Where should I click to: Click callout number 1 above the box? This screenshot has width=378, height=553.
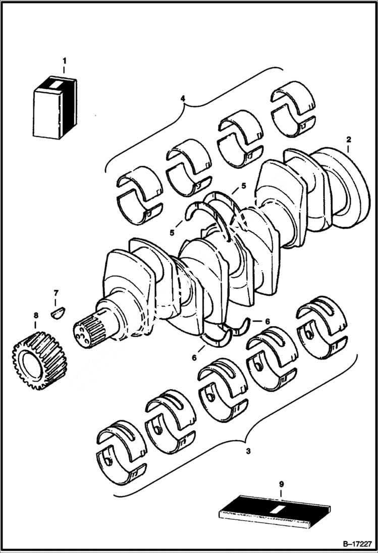[64, 62]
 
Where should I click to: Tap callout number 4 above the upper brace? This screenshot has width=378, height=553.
[183, 99]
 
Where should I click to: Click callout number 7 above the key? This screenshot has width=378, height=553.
[56, 292]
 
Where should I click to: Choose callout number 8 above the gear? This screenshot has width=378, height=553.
[35, 316]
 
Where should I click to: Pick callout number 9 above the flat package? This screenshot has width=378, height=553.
[282, 484]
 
